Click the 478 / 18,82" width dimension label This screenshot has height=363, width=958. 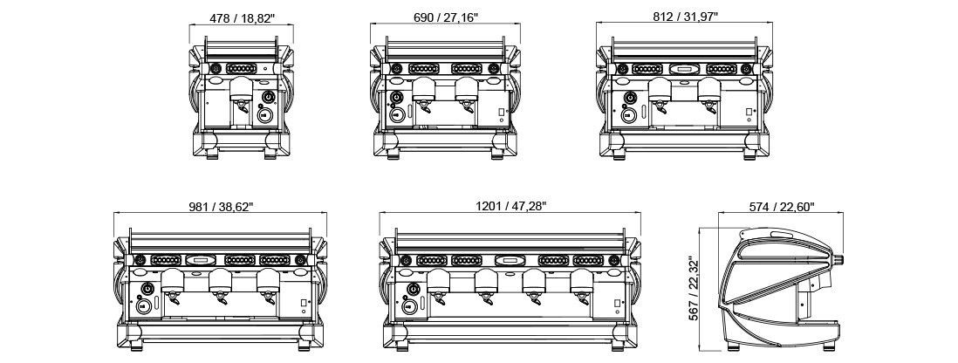pos(242,17)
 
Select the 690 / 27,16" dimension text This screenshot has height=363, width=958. pos(445,17)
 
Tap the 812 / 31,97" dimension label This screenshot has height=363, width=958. pos(685,16)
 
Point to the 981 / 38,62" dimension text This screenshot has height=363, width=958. pos(221,207)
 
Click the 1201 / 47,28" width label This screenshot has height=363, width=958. pos(510,206)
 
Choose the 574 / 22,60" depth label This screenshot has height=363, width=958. pos(782,207)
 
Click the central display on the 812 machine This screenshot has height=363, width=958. pos(684,69)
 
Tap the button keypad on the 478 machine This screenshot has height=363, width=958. pos(241,68)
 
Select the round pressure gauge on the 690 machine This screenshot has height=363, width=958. pos(397,97)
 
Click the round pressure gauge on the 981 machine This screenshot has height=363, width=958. pos(147,289)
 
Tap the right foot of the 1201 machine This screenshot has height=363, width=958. pos(618,346)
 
